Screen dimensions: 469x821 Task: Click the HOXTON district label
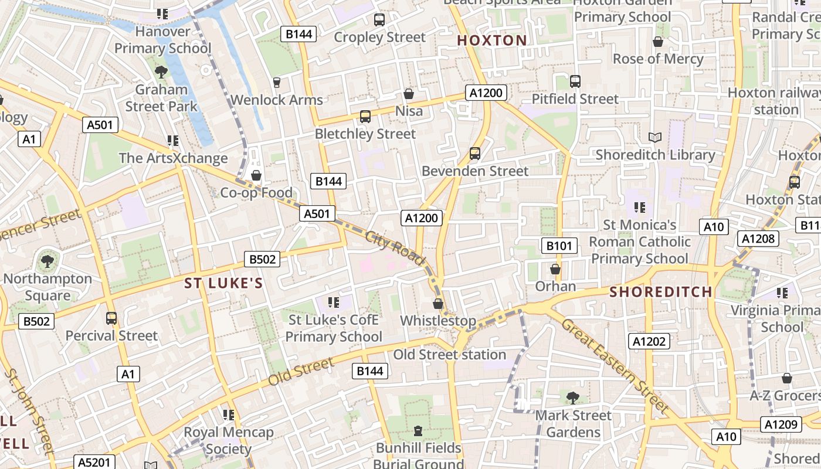491,40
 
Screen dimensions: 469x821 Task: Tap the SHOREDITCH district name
661,291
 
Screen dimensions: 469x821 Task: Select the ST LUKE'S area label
223,284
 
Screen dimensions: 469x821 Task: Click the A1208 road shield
758,238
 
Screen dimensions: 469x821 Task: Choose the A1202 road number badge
649,341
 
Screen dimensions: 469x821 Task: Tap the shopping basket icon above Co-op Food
256,175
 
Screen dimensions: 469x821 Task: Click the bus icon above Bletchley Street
365,117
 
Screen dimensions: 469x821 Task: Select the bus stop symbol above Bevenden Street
475,154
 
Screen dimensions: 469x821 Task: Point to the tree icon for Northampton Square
48,261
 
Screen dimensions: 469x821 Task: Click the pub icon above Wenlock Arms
276,83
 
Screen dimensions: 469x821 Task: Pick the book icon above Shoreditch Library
655,138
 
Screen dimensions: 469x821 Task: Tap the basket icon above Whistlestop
437,304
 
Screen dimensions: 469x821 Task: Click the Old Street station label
449,355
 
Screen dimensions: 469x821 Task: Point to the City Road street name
394,249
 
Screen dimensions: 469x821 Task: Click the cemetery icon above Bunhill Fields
418,431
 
